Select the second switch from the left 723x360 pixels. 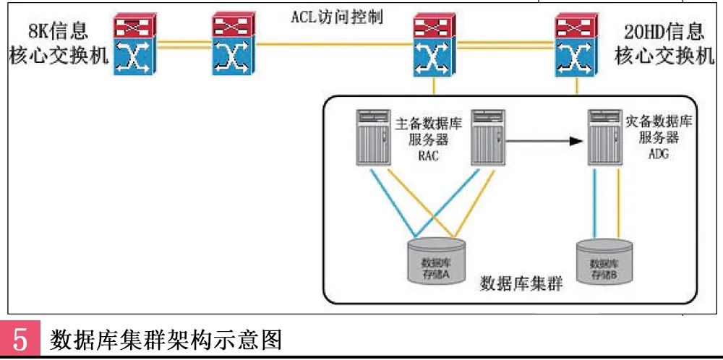click(233, 46)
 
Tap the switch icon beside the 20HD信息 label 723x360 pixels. click(577, 46)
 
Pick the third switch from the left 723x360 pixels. click(435, 46)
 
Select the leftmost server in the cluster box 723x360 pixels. click(373, 137)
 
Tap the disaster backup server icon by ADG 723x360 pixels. click(604, 137)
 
